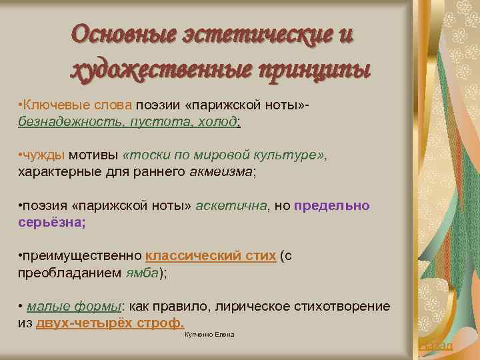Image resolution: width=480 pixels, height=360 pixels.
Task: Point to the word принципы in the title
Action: [314, 69]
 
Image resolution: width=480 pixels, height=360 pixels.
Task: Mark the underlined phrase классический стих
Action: [211, 256]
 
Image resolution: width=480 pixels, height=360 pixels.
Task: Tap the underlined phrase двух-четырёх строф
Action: [110, 323]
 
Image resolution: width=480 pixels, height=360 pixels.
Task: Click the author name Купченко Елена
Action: [209, 334]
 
